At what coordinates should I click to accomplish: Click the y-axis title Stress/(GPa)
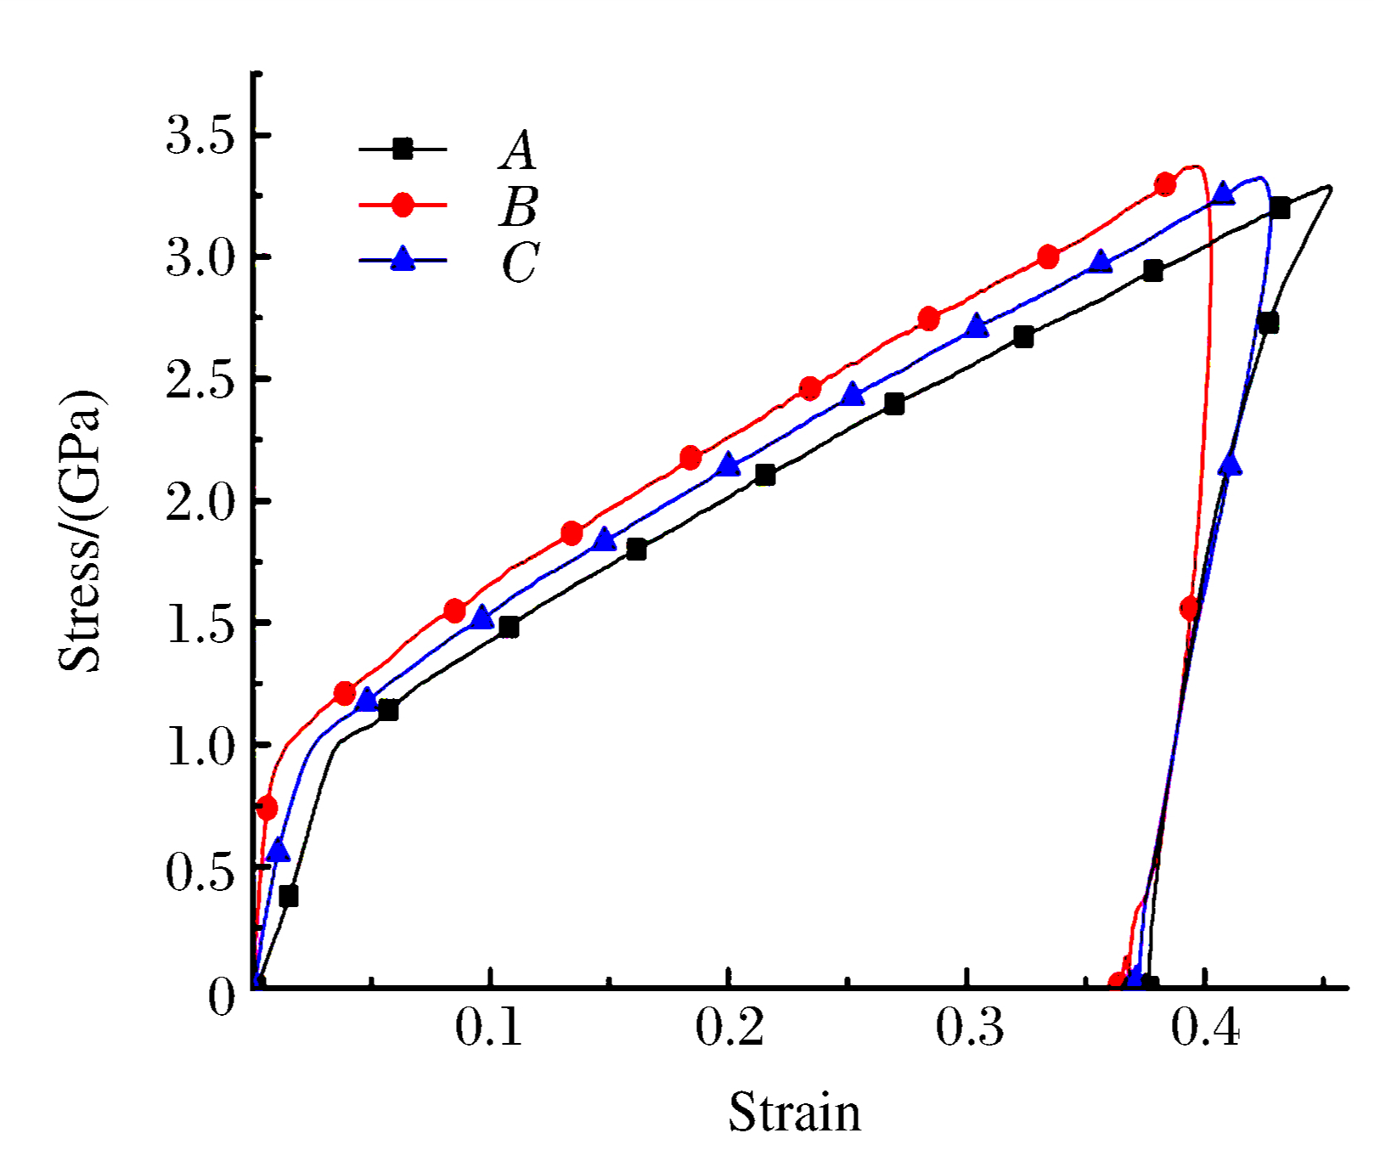[80, 531]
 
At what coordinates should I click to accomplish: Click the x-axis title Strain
[794, 1112]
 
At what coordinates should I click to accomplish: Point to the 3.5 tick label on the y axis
[200, 136]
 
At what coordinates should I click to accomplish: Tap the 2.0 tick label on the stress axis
[200, 501]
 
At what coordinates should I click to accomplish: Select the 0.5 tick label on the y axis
[200, 870]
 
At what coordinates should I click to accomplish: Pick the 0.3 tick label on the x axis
[968, 1028]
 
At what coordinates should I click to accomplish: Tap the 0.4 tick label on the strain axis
[1206, 1028]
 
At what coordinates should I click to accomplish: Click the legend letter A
[518, 150]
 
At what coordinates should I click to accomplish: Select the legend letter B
[518, 206]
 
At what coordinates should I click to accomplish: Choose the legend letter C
[520, 262]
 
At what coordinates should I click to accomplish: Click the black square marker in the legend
[403, 149]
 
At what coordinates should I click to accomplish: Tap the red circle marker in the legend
[403, 205]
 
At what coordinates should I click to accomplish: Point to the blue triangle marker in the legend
[403, 259]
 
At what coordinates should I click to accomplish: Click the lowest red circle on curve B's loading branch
[267, 808]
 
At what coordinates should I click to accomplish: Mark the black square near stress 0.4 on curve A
[289, 896]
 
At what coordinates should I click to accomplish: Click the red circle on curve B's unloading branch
[1189, 608]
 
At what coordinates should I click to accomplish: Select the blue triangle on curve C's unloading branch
[1229, 465]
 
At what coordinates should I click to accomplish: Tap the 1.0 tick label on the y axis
[200, 747]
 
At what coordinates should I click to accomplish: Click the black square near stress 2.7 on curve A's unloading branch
[1268, 324]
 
